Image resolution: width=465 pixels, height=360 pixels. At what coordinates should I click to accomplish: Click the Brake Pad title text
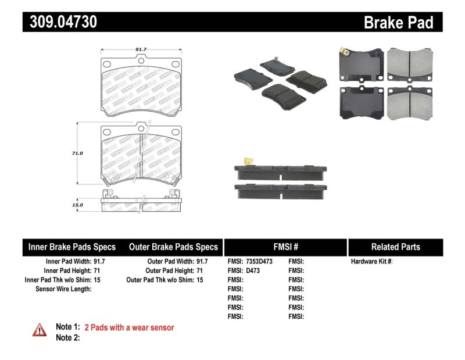tap(398, 22)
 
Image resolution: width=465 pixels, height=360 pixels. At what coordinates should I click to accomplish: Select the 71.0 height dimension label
tap(77, 153)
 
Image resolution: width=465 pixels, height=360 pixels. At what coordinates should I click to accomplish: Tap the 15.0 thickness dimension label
tap(77, 205)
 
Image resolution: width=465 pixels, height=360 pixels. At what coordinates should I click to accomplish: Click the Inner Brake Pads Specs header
tap(72, 247)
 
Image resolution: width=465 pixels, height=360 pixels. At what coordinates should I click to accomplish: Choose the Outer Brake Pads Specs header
tap(173, 247)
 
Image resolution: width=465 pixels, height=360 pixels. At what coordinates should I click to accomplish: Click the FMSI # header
tap(285, 247)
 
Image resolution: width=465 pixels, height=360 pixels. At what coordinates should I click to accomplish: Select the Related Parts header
tap(395, 247)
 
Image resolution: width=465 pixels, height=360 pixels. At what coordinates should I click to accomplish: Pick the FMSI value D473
tap(253, 270)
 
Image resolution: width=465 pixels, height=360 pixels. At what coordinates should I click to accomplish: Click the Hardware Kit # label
tap(371, 262)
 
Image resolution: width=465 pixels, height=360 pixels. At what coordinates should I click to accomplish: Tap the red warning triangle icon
tap(40, 330)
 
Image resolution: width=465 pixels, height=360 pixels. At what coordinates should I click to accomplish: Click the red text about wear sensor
tap(129, 327)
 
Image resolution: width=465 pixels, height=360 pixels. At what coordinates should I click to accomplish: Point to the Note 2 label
tap(67, 337)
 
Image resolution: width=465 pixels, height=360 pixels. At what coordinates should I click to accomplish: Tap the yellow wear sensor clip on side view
tap(248, 162)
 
